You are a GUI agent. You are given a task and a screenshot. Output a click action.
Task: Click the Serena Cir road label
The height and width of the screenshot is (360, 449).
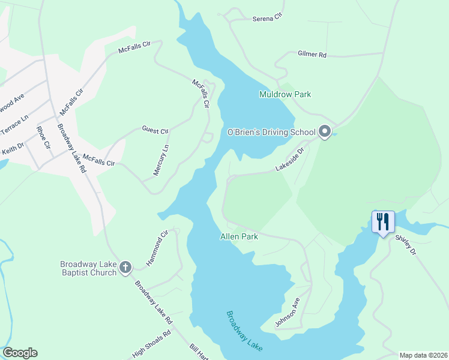267,19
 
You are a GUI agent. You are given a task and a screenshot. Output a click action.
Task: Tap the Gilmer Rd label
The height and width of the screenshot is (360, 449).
312,55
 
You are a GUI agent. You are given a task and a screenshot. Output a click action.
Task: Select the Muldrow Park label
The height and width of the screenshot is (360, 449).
285,94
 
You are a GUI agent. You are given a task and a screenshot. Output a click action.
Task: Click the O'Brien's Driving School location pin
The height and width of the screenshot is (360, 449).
325,131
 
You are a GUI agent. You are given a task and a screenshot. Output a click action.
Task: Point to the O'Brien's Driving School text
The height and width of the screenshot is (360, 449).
271,132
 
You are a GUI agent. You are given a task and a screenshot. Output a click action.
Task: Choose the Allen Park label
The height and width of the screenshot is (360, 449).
239,237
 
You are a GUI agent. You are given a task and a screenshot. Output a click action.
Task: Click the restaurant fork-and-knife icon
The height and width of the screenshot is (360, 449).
383,222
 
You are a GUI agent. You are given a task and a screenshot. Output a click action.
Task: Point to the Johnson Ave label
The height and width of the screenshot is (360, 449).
287,313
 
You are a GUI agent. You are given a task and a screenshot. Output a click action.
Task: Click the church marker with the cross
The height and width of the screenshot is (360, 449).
125,267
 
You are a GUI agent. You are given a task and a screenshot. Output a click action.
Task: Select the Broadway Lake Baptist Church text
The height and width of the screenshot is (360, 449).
88,269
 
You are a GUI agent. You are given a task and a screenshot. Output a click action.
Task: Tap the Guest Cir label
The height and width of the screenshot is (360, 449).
155,130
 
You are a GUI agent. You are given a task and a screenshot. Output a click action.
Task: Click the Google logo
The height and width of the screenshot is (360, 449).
20,353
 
